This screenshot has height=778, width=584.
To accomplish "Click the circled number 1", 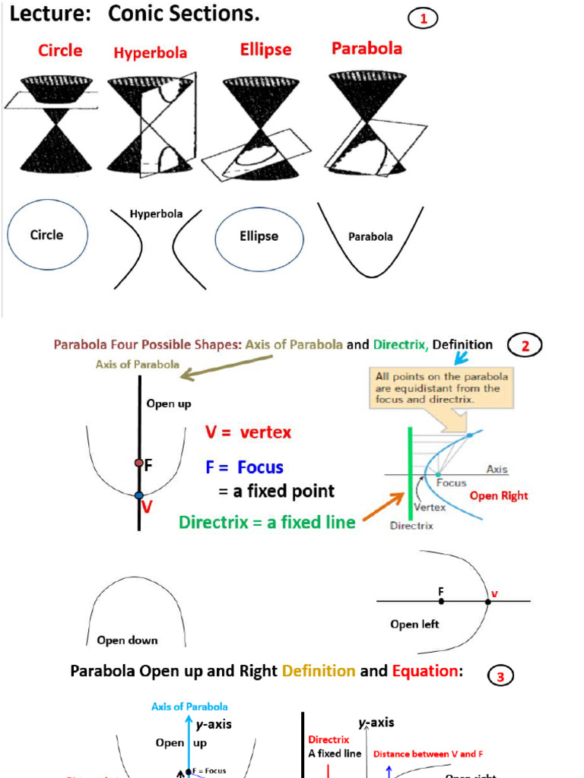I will pyautogui.click(x=423, y=19).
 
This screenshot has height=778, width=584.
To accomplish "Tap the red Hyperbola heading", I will pyautogui.click(x=151, y=52).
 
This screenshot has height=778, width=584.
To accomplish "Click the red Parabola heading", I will pyautogui.click(x=367, y=49).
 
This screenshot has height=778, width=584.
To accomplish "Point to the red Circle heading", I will pyautogui.click(x=60, y=50).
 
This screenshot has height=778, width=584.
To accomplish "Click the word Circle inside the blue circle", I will pyautogui.click(x=46, y=235).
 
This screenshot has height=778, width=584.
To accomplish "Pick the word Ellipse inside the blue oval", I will pyautogui.click(x=259, y=236).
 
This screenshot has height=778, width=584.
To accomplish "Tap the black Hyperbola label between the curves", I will pyautogui.click(x=156, y=213).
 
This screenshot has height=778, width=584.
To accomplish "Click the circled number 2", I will pyautogui.click(x=525, y=346).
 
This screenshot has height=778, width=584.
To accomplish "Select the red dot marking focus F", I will pyautogui.click(x=138, y=462).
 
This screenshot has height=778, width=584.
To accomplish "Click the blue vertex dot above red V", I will pyautogui.click(x=138, y=495).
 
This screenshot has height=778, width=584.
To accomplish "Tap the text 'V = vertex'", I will pyautogui.click(x=248, y=432).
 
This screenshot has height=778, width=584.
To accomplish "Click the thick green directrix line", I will pyautogui.click(x=410, y=471).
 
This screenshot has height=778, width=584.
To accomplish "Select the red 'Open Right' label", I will pyautogui.click(x=498, y=495).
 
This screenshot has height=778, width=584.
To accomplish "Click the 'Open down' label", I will pyautogui.click(x=127, y=640).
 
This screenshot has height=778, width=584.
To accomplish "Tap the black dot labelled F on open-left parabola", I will pyautogui.click(x=441, y=601).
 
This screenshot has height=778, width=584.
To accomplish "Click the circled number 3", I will pyautogui.click(x=500, y=676).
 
